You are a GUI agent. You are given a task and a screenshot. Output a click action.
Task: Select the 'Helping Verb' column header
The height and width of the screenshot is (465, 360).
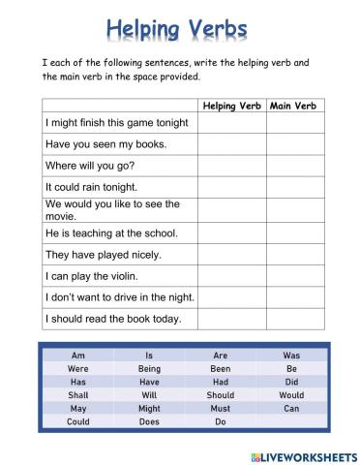pos(231,105)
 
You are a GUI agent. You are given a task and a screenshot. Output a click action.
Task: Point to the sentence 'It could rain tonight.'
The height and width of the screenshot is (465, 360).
pos(91,187)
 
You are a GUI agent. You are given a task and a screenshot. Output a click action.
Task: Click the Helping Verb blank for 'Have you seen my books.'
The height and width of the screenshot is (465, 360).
pos(231,144)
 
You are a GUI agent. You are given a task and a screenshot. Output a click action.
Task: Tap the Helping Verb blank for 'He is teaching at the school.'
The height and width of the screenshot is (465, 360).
pos(231,233)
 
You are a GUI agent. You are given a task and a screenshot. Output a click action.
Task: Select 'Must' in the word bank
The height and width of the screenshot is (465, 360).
pos(221,409)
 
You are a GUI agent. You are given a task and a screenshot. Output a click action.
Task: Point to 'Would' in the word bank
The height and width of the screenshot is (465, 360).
pos(291,395)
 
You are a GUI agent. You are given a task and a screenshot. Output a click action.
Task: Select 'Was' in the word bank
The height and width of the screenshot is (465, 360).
pos(291,356)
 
